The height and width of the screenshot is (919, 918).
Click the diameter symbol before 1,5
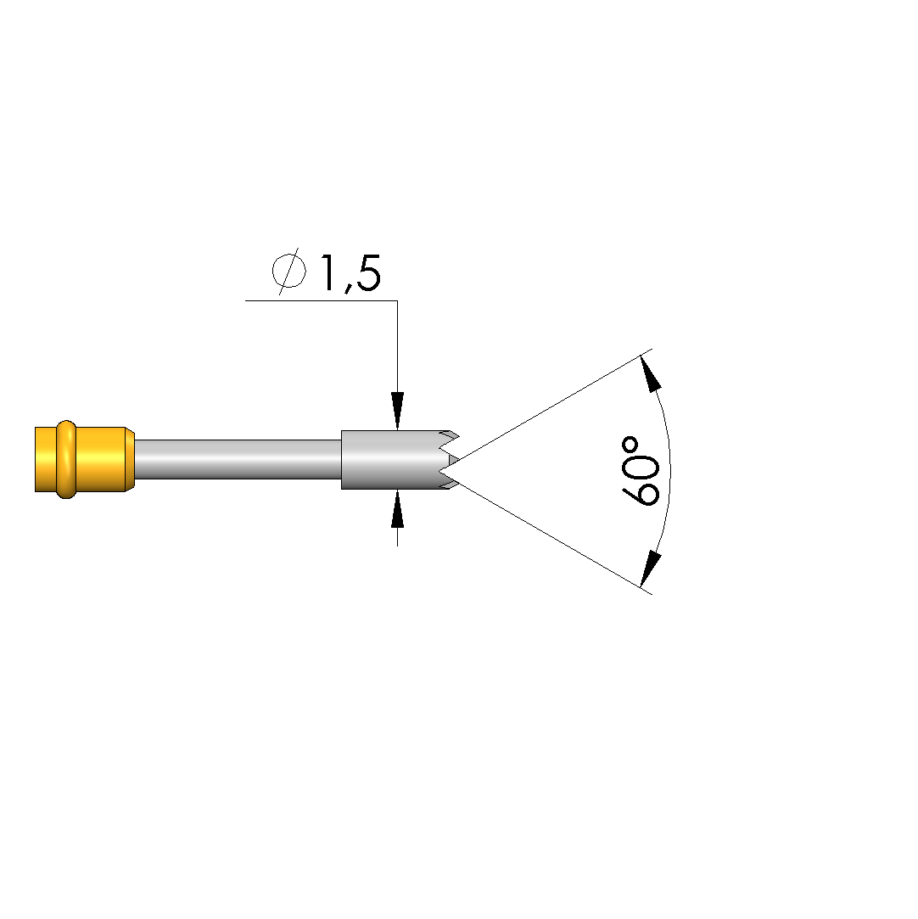(x=289, y=271)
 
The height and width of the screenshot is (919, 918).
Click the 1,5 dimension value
(x=350, y=272)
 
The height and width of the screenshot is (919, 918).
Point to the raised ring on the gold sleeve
(x=66, y=460)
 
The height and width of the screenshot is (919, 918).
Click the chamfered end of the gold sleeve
(x=130, y=460)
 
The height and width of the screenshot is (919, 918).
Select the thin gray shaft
(x=238, y=460)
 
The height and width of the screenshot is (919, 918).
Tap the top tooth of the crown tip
(x=451, y=437)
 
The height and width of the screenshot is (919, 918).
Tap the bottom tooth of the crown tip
(x=451, y=483)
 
